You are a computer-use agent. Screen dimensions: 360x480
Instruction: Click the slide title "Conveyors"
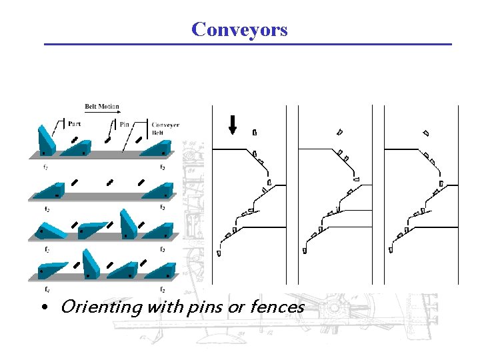coord(239,29)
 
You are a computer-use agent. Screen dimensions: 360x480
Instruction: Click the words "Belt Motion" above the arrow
coord(102,106)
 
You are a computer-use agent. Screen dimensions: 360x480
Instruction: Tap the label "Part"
coord(75,123)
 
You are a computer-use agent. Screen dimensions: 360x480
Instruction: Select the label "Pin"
coord(125,123)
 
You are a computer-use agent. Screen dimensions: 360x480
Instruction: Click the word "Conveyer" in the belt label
coord(165,125)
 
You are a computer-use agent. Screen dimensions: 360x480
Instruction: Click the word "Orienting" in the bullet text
coord(101,307)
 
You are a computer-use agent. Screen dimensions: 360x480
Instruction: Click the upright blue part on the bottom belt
coord(91,265)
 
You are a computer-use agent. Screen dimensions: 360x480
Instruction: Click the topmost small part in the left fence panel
coord(255,132)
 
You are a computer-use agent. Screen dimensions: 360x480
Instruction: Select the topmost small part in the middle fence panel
coord(339,132)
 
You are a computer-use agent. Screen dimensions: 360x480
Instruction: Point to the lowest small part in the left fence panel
coord(219,253)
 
